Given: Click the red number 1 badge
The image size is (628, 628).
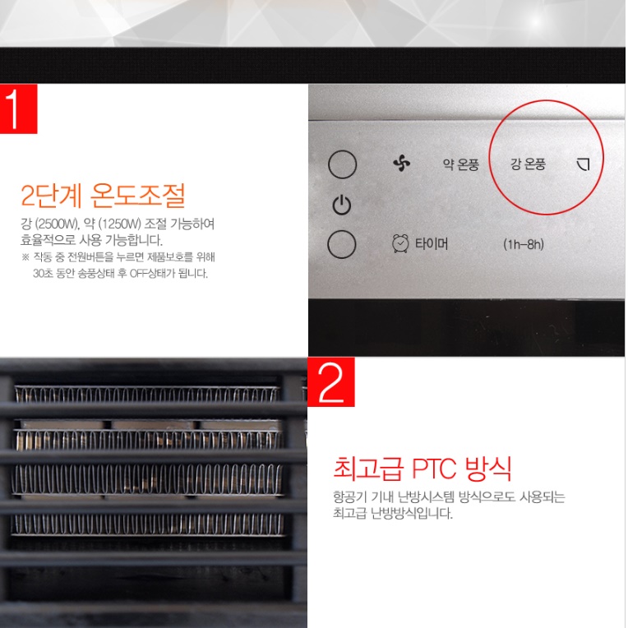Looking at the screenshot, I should [x=18, y=108].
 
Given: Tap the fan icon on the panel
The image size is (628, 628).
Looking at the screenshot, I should [x=401, y=164].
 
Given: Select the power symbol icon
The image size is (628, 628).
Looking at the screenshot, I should [x=342, y=205].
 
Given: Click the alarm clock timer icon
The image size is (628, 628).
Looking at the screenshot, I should [x=400, y=244].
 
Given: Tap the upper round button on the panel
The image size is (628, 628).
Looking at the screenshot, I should [x=342, y=165].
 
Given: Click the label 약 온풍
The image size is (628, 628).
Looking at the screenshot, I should [x=460, y=164].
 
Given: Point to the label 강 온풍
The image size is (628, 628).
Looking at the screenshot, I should [x=528, y=164].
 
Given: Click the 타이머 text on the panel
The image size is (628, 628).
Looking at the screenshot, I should [x=432, y=245].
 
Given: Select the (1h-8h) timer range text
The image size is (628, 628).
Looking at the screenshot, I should [x=524, y=245].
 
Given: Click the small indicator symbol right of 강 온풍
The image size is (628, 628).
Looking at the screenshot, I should [x=584, y=164].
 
